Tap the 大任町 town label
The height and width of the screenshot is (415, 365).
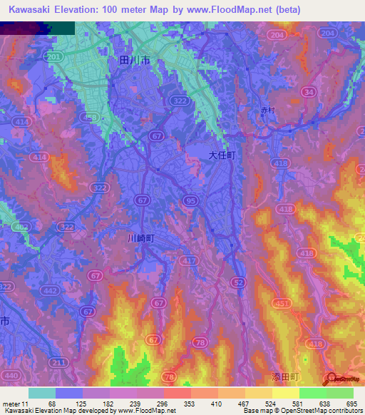click(222, 154)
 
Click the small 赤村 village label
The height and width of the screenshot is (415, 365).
click(267, 111)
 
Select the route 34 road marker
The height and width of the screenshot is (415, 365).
click(309, 92)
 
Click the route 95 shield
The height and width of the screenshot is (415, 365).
click(190, 201)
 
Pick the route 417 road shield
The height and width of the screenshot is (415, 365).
click(190, 262)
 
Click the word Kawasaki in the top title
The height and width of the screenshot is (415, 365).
click(34, 10)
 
